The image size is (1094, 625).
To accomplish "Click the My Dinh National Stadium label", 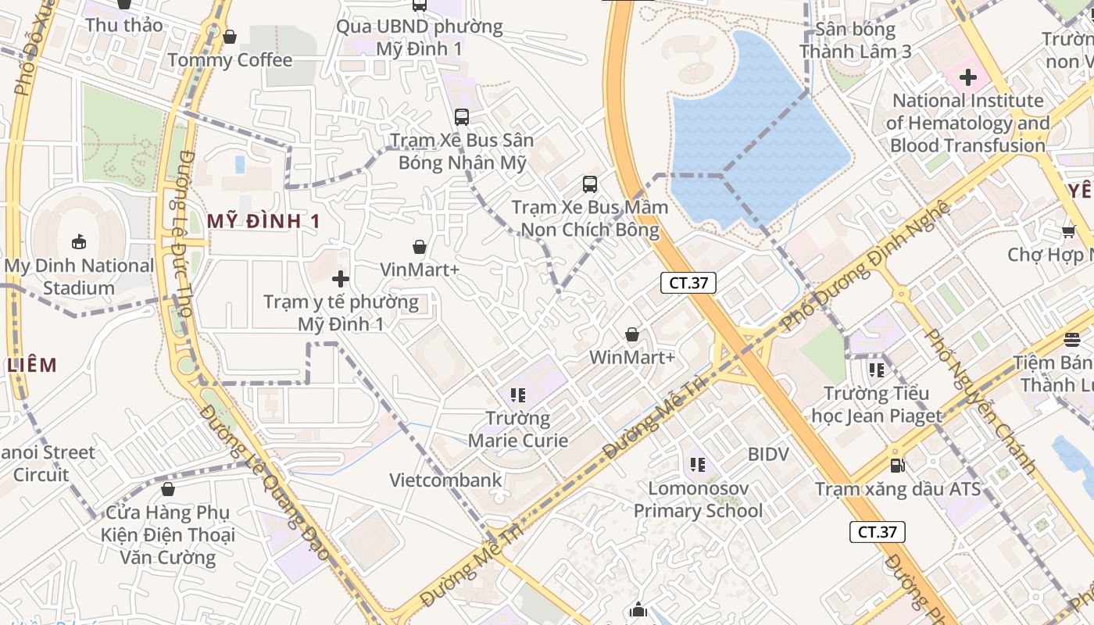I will coord(79,277).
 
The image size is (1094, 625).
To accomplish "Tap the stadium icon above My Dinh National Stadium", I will coord(79,241).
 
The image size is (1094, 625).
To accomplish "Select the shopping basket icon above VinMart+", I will coord(420,247).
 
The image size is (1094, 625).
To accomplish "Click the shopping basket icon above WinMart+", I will coord(632,334).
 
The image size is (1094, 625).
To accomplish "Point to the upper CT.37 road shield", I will coord(688,283).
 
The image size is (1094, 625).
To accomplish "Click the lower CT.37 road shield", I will coord(877,532).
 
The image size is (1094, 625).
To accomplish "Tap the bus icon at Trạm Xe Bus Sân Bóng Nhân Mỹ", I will coord(462,117).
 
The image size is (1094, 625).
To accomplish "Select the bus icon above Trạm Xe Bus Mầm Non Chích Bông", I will coord(590,184).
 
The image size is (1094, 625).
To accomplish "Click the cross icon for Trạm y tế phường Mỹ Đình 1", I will coord(341,278).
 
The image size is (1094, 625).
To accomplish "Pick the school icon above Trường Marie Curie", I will coord(517,395).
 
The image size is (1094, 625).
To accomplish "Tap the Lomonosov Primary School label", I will coord(698,499).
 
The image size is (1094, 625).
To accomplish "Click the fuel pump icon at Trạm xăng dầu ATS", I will coord(898,466).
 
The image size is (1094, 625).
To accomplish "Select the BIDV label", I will coord(768,454).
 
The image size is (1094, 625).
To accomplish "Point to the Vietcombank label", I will coord(445,480).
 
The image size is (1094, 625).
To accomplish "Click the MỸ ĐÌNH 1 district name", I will coord(264,221).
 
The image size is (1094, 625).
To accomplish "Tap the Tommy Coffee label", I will coord(230,60).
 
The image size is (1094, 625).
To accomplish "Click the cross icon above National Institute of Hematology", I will coord(968,77).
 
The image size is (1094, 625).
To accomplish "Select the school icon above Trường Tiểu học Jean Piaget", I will coord(877,370).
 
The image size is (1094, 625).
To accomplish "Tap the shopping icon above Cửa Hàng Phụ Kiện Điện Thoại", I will coord(167,490).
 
